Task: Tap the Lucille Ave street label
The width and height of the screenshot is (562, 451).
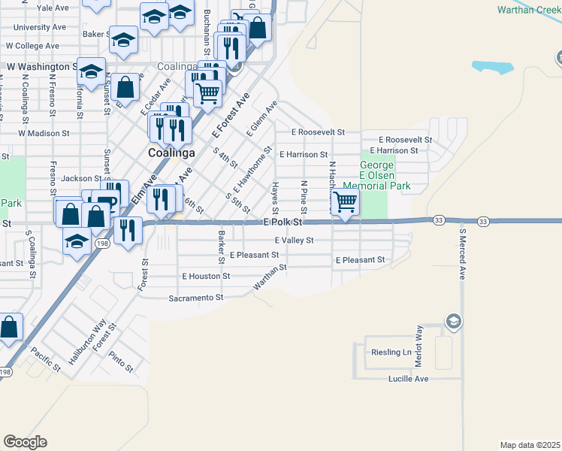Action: click(408, 379)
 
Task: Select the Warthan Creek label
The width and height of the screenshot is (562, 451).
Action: click(529, 10)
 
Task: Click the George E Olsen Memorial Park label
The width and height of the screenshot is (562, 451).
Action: click(376, 175)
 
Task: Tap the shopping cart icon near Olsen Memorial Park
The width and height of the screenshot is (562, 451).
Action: click(345, 201)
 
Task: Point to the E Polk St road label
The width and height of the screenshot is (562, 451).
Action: click(283, 223)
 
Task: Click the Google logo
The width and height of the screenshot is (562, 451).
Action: click(25, 442)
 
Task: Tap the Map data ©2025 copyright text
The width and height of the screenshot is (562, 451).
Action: click(529, 445)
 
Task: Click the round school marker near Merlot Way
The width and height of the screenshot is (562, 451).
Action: click(453, 322)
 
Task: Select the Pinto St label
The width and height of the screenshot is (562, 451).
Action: click(120, 362)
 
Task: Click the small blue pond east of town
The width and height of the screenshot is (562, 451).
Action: click(493, 67)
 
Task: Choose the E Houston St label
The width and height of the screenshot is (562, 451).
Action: click(206, 277)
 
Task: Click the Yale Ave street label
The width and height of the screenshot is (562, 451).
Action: click(53, 8)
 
